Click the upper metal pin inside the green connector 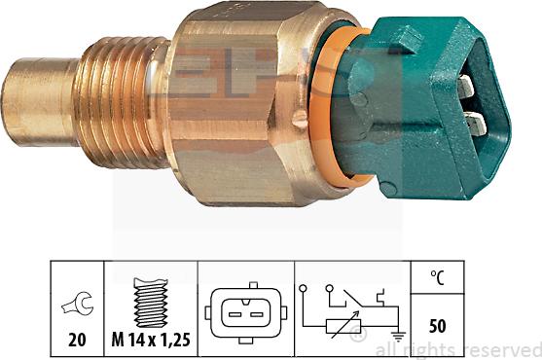(x=466, y=88)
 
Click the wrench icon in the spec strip (x=76, y=304)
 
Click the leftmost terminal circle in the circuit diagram (x=304, y=289)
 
